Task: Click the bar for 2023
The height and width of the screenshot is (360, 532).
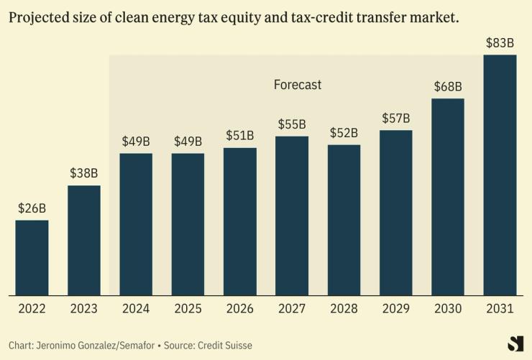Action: [x=84, y=240]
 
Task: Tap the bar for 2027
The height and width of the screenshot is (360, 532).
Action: [x=292, y=216]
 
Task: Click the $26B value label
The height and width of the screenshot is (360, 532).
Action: [x=32, y=208]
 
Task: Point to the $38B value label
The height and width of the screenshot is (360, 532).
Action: [x=84, y=173]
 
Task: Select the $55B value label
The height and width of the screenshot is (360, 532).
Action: [x=292, y=124]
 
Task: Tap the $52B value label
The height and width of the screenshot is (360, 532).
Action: [x=344, y=133]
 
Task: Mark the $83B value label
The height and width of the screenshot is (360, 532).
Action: [x=500, y=43]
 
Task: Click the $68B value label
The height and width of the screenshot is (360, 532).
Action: [x=448, y=87]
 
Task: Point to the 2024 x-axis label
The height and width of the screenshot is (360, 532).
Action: [x=136, y=309]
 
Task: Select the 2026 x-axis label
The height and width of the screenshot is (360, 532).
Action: [x=240, y=309]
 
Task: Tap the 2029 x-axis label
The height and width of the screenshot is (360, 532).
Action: [x=395, y=309]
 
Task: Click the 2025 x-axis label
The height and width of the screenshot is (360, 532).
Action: [x=188, y=309]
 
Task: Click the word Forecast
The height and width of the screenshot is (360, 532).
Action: [x=297, y=85]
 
